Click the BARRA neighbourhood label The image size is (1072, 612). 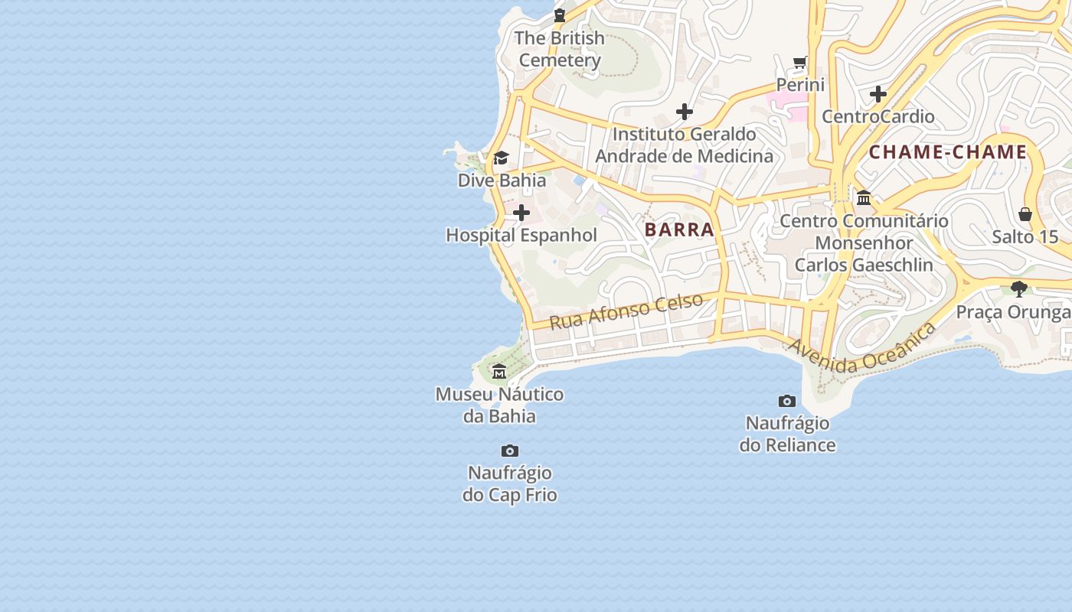[679, 229]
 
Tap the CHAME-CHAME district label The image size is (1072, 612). [947, 152]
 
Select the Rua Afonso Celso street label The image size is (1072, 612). [626, 311]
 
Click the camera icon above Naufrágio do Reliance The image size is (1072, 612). [786, 401]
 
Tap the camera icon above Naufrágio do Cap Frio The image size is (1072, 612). [509, 451]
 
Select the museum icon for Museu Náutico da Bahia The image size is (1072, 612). [499, 372]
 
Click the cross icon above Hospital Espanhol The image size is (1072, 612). [521, 213]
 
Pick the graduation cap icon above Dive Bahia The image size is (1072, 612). [501, 158]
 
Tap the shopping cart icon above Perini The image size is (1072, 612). [800, 62]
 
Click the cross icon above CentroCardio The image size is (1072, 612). [878, 94]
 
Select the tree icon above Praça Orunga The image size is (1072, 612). [1018, 289]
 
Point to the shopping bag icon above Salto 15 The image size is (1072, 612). [1025, 214]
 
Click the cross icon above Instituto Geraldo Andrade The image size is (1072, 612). [685, 112]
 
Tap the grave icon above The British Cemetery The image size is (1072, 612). [560, 15]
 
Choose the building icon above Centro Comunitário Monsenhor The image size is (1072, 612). [864, 198]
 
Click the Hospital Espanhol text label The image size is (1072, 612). [521, 235]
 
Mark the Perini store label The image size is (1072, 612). [800, 84]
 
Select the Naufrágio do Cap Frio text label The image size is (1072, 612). [509, 483]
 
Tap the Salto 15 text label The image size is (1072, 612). [1025, 236]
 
